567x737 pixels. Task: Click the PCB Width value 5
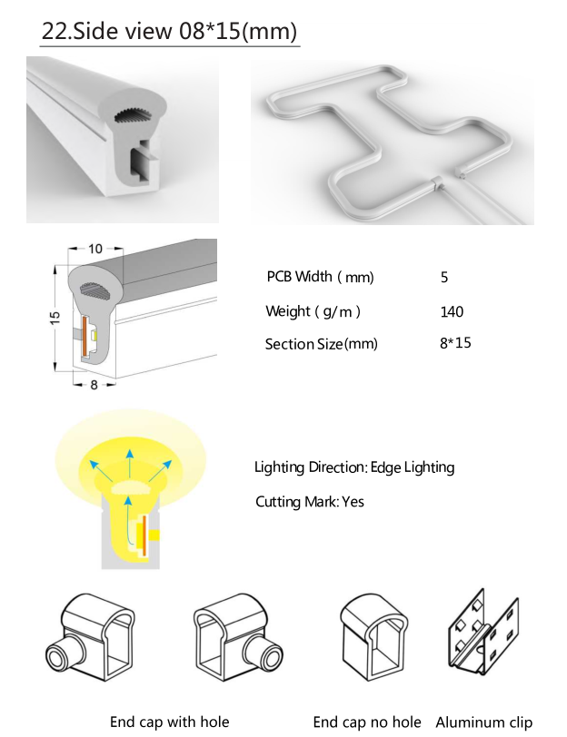tap(443, 277)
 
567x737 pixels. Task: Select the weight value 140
tap(451, 311)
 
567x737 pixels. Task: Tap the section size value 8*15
tap(455, 343)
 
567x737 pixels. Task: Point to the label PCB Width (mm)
tap(320, 277)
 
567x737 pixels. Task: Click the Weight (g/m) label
tap(313, 311)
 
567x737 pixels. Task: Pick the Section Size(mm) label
tap(321, 344)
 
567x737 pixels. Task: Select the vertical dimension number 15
tap(55, 317)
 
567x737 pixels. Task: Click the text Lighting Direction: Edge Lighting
tap(354, 467)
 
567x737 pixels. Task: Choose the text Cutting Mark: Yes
tap(309, 501)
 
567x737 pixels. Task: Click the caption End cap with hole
tap(169, 722)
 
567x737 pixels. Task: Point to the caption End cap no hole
tap(367, 722)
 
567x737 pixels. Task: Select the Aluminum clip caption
tap(483, 722)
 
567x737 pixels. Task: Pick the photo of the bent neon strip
tap(392, 140)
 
